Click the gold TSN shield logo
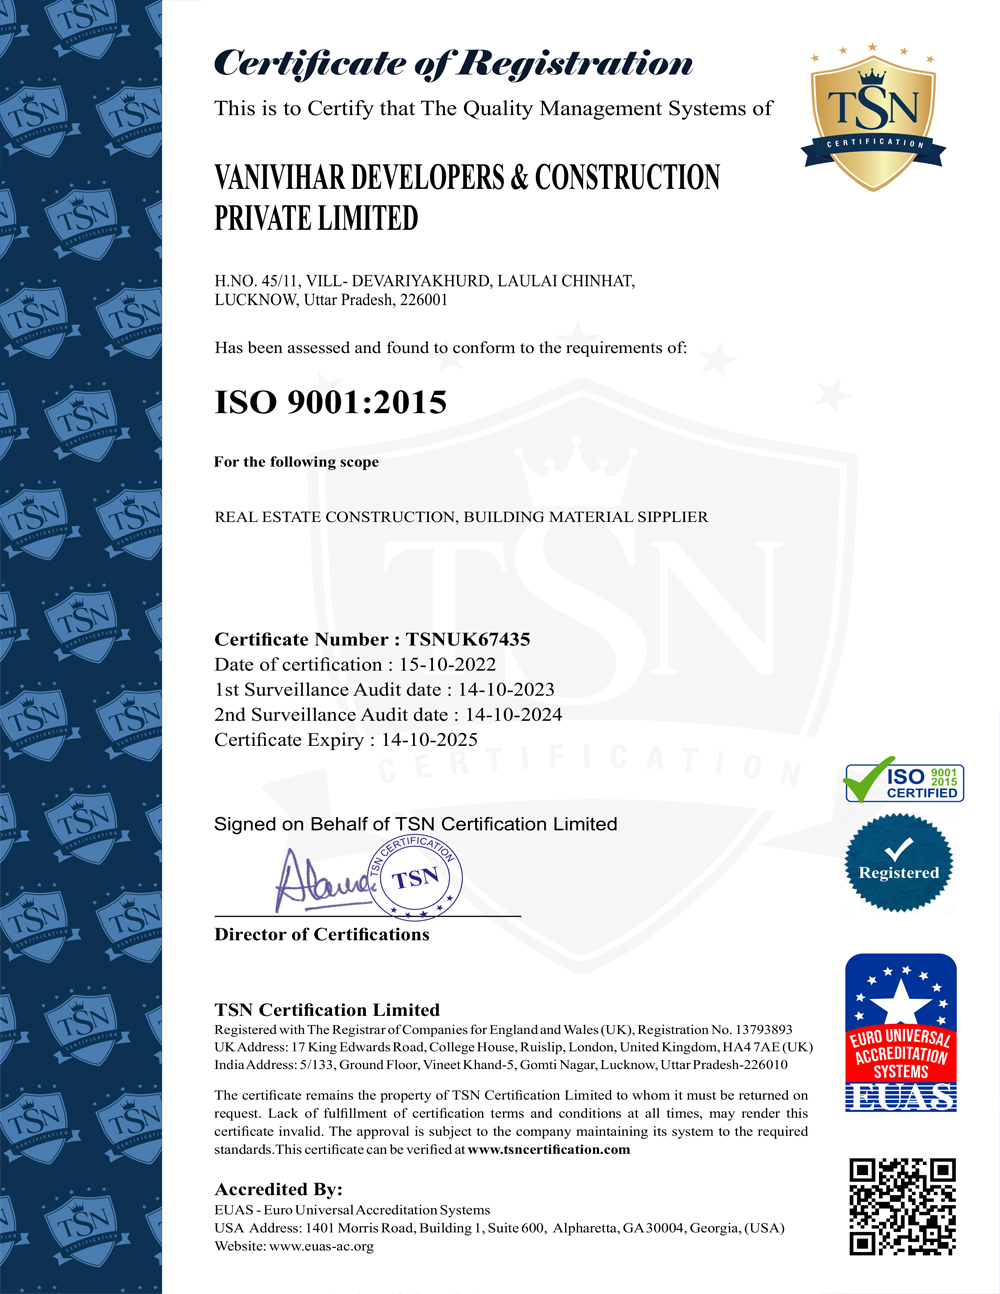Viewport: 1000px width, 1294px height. pyautogui.click(x=873, y=118)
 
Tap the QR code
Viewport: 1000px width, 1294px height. pyautogui.click(x=902, y=1206)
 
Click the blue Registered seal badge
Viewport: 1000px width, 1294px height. pyautogui.click(x=899, y=863)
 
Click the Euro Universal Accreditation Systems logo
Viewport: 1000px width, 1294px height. pyautogui.click(x=900, y=1032)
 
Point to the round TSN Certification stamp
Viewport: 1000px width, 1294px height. pyautogui.click(x=416, y=877)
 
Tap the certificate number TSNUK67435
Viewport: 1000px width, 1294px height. pyautogui.click(x=468, y=640)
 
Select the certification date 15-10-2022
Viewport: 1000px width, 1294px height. pyautogui.click(x=447, y=665)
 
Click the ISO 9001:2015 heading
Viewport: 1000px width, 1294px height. pyautogui.click(x=330, y=402)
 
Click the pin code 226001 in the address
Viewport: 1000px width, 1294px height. pyautogui.click(x=425, y=300)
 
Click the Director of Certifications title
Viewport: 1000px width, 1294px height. pyautogui.click(x=321, y=935)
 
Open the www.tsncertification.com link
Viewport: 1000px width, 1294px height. pyautogui.click(x=549, y=1150)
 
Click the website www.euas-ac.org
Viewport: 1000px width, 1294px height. pyautogui.click(x=321, y=1247)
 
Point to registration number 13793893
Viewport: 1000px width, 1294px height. pyautogui.click(x=764, y=1029)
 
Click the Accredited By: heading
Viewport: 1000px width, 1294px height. pyautogui.click(x=278, y=1189)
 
